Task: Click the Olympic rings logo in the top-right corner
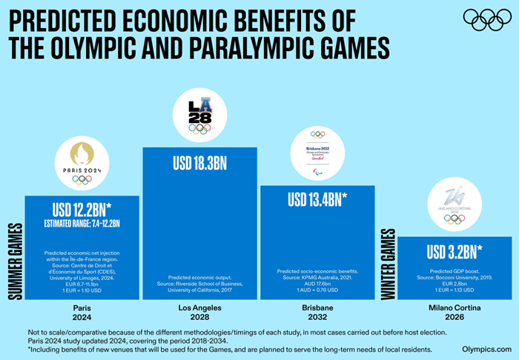click(486, 19)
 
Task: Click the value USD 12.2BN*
click(82, 210)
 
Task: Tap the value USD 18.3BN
click(199, 162)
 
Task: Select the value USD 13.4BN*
click(318, 199)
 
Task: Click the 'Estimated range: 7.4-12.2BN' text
click(82, 223)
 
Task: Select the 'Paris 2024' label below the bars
click(82, 310)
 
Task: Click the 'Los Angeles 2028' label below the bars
click(199, 310)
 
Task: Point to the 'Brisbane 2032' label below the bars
click(317, 310)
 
